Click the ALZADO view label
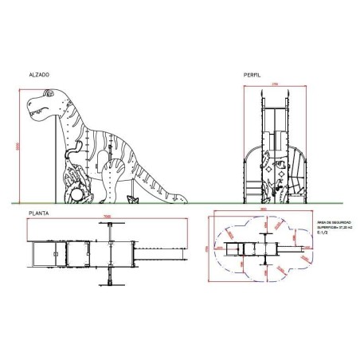click(38, 73)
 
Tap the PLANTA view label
click(38, 213)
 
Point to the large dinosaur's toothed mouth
click(37, 112)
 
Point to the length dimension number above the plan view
click(108, 220)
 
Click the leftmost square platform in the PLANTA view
click(41, 254)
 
